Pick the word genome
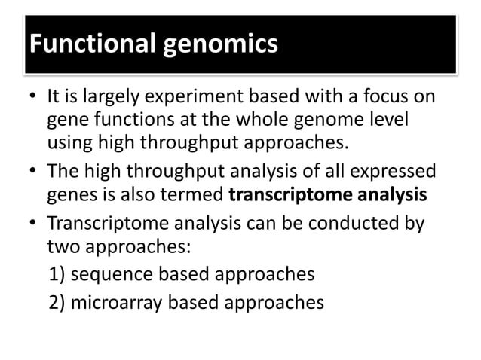coord(329,121)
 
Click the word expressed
coord(399,174)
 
